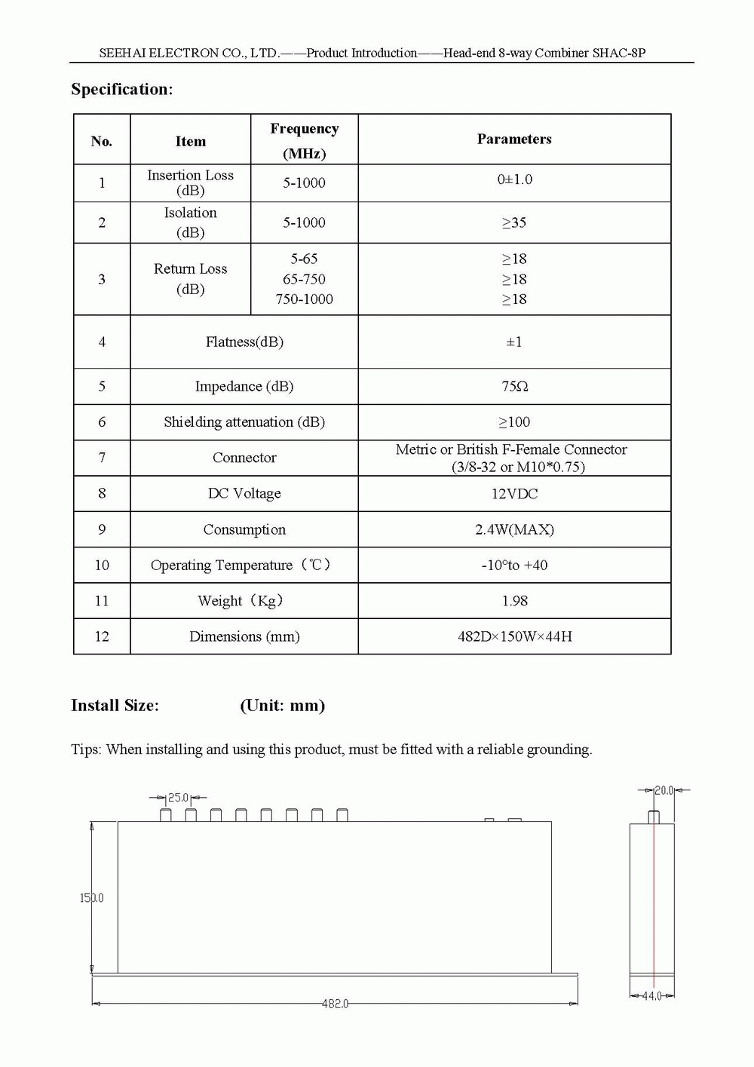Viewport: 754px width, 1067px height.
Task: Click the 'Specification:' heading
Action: click(122, 90)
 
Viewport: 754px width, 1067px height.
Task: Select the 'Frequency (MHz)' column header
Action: click(304, 140)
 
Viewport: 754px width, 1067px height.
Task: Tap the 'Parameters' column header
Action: click(514, 139)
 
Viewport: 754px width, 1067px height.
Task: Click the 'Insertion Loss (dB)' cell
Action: click(190, 182)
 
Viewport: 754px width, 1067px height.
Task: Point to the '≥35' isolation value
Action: click(514, 222)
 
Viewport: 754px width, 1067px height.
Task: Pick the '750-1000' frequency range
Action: click(304, 299)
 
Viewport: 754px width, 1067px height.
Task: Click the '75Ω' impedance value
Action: click(514, 386)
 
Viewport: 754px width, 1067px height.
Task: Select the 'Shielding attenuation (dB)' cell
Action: click(244, 422)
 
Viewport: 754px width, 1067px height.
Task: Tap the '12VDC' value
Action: click(514, 494)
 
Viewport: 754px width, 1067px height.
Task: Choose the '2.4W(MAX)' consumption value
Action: click(514, 529)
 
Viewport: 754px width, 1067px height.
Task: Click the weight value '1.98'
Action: click(514, 601)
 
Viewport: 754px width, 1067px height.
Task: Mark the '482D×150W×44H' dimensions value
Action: click(514, 636)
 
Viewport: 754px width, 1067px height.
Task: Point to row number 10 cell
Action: click(102, 565)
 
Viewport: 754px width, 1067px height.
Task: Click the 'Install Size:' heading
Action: click(115, 706)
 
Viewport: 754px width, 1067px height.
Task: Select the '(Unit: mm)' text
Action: click(282, 706)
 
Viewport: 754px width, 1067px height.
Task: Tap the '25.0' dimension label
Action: click(178, 797)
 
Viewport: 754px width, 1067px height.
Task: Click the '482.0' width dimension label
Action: click(335, 1004)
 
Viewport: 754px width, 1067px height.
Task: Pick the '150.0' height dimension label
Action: click(92, 898)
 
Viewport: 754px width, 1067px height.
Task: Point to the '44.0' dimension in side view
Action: click(651, 996)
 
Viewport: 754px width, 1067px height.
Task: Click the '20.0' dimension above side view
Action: click(664, 790)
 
